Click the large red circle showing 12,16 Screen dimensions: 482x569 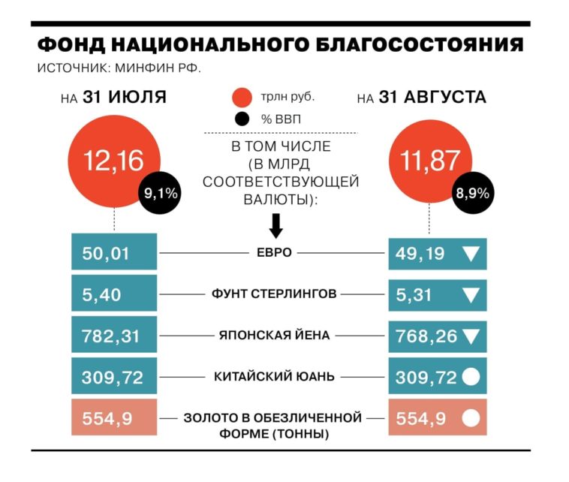113,160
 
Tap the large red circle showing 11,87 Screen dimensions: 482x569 429,160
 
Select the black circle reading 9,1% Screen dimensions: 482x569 159,194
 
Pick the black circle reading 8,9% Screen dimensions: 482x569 472,194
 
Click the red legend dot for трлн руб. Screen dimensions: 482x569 242,98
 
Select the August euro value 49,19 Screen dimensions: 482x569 420,253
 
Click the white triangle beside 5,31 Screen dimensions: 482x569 471,295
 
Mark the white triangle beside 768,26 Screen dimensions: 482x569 471,336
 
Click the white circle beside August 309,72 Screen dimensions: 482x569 471,378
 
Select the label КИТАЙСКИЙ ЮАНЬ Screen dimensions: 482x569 273,376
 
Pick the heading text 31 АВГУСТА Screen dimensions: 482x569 432,98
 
